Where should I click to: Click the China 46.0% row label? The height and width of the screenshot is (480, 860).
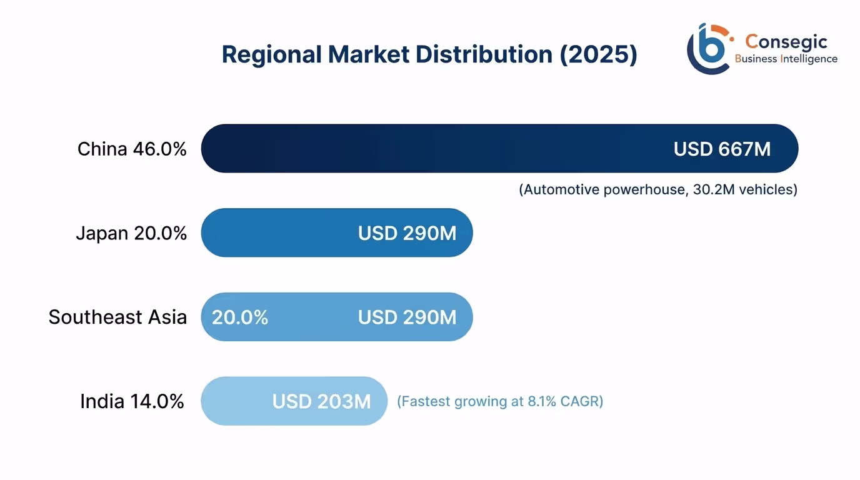point(132,149)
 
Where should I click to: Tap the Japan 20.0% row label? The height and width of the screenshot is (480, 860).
point(131,233)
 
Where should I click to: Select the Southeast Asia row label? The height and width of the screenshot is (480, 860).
point(117,317)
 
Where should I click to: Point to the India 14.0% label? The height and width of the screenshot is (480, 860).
point(132,401)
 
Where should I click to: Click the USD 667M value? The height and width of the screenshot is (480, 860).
point(722,149)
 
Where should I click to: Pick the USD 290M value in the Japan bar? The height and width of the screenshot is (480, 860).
point(407,233)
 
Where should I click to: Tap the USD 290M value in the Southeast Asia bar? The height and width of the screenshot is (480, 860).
point(407,317)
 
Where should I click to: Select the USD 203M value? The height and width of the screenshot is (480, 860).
point(321,401)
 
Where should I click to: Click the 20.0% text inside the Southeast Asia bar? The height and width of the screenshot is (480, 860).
point(240,317)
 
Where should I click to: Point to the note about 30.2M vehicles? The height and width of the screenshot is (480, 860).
point(658,189)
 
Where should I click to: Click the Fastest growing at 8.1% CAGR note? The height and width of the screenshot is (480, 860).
point(500,401)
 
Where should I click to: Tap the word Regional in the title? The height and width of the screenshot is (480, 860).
point(271,55)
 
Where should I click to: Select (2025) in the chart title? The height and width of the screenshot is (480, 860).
point(598,55)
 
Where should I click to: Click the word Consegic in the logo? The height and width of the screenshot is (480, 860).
point(786,42)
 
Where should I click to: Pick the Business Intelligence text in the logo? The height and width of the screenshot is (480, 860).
point(786,59)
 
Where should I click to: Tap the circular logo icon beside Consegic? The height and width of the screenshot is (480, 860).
point(709,49)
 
